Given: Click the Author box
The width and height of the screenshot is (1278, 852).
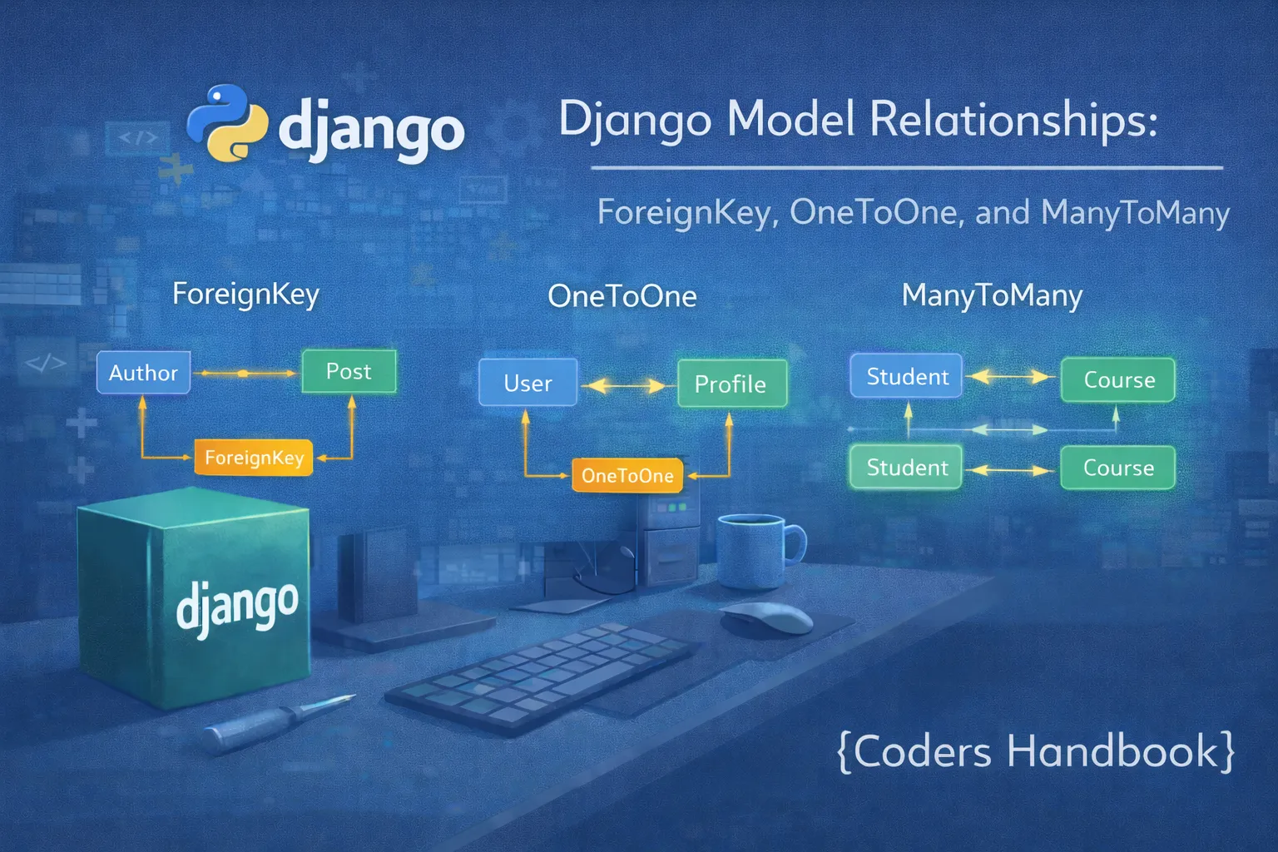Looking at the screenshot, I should [143, 373].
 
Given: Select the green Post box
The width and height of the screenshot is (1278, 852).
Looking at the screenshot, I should [349, 371].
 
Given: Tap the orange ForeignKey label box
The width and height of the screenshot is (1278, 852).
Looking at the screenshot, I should [254, 458].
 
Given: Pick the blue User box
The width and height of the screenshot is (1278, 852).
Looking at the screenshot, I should [528, 383].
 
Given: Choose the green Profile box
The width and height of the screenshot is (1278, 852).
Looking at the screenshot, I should [731, 384].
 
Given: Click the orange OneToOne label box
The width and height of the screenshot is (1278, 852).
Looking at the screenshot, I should [627, 476].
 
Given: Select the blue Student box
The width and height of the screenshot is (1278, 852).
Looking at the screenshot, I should [906, 377].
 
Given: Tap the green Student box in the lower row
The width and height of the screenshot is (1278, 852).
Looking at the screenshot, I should [906, 468].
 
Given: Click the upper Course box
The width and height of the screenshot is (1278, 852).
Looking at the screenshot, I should [1118, 380].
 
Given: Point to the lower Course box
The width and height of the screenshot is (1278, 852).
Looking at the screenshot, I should [1117, 468].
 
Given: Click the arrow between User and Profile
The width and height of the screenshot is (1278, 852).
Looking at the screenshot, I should [626, 385].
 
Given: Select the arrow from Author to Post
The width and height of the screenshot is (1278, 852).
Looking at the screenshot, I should [245, 374].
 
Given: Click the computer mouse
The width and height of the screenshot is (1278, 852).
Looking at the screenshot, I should [766, 617].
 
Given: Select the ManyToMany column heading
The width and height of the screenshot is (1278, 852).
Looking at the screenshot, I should [992, 295].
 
